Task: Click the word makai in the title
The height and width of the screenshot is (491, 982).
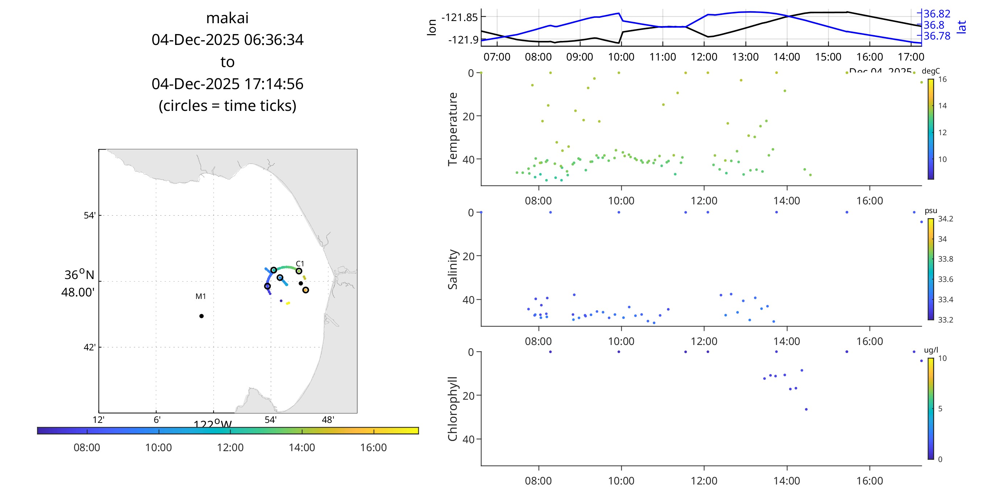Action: (x=227, y=18)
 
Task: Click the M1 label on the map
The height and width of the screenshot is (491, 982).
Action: (x=200, y=296)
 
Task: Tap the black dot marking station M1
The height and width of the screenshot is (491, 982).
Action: (x=201, y=316)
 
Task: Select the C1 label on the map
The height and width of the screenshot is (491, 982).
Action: (x=300, y=263)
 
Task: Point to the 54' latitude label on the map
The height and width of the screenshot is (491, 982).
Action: (x=90, y=215)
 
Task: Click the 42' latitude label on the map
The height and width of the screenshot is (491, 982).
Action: (x=90, y=347)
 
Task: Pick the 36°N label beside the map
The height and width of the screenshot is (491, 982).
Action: (x=79, y=274)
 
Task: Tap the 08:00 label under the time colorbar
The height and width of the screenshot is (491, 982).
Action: (x=87, y=447)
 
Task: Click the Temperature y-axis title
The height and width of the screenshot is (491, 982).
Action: (x=452, y=129)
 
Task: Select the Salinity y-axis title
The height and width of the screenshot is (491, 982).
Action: (x=452, y=269)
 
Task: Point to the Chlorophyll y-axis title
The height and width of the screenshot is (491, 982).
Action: (x=452, y=409)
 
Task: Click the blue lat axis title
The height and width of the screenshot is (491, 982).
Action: (x=961, y=27)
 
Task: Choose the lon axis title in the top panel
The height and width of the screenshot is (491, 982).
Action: (x=431, y=28)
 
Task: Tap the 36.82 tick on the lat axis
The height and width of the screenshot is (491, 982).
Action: (x=937, y=14)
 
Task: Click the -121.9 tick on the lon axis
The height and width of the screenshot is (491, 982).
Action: (x=463, y=39)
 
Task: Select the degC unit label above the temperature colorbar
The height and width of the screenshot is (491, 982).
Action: (x=931, y=71)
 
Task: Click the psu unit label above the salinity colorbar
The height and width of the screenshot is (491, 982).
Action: (x=931, y=211)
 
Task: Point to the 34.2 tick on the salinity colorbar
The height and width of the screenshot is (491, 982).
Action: (x=945, y=219)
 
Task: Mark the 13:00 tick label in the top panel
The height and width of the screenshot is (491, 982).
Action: (x=745, y=57)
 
